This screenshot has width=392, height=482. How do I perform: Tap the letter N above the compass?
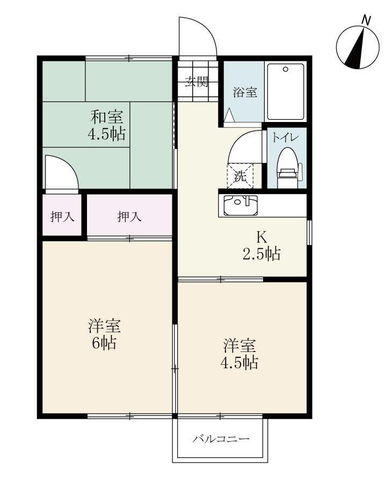[366, 20]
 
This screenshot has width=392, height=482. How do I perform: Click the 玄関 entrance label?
[197, 82]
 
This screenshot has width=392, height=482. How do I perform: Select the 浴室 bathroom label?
[244, 92]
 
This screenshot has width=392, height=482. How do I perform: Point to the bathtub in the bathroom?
[286, 91]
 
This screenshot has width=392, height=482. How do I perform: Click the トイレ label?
[282, 137]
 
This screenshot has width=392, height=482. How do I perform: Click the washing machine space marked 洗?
[240, 176]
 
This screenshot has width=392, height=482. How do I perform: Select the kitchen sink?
[241, 205]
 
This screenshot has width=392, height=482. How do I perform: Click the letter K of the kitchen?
[261, 237]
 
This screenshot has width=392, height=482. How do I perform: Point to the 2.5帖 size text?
[262, 254]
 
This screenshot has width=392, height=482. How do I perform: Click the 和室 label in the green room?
[106, 116]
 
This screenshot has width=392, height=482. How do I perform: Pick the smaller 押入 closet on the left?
[62, 217]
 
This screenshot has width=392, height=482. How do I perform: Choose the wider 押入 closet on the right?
[129, 217]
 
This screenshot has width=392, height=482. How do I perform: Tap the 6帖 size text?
[104, 343]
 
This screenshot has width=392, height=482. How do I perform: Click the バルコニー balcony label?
[221, 439]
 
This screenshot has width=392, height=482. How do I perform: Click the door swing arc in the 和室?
[61, 173]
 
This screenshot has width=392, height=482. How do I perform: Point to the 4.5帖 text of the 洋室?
[239, 362]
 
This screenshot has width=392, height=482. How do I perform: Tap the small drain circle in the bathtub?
[285, 69]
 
